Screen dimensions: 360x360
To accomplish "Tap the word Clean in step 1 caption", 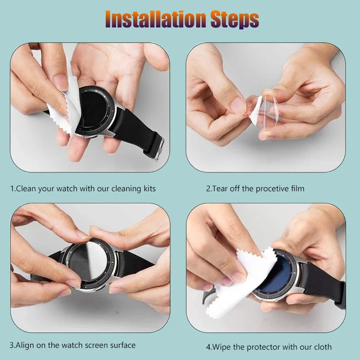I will click(x=27, y=189).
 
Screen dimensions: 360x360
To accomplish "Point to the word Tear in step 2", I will click(x=220, y=189).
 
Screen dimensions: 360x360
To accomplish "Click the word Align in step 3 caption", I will click(x=27, y=345).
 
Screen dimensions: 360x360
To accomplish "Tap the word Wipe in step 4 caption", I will click(x=222, y=347).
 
